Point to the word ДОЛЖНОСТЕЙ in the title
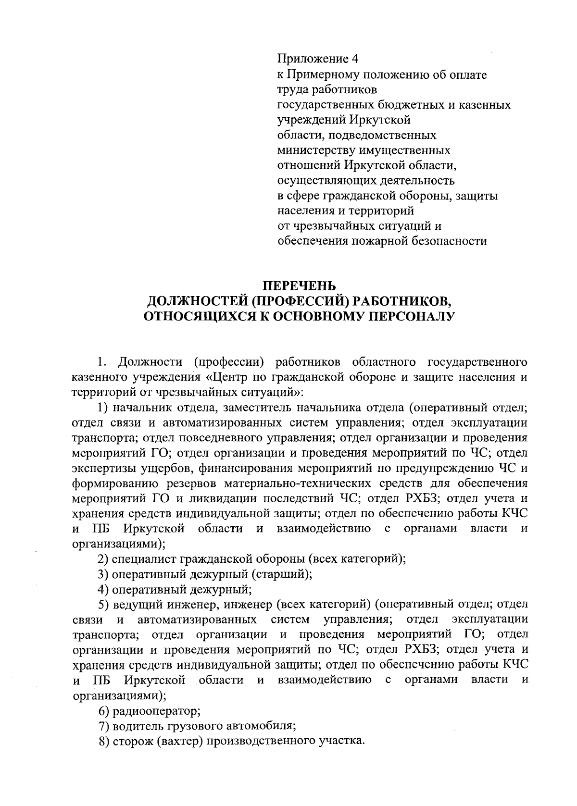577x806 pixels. tap(198, 301)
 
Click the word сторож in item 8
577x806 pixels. tap(132, 741)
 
